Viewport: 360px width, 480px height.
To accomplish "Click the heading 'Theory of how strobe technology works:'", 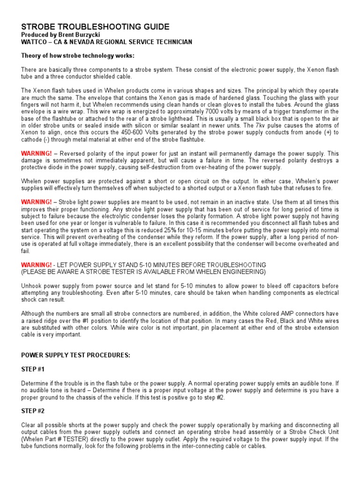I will pyautogui.click(x=77, y=56).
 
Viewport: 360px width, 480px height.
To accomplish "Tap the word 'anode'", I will pyautogui.click(x=308, y=133).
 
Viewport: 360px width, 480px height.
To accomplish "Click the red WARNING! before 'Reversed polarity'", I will pyautogui.click(x=37, y=153).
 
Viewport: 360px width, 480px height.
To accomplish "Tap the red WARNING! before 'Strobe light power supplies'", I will pyautogui.click(x=37, y=202).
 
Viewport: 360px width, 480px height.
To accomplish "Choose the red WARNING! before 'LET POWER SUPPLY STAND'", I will pyautogui.click(x=37, y=265).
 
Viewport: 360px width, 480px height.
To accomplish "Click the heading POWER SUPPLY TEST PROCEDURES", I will pyautogui.click(x=75, y=355).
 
